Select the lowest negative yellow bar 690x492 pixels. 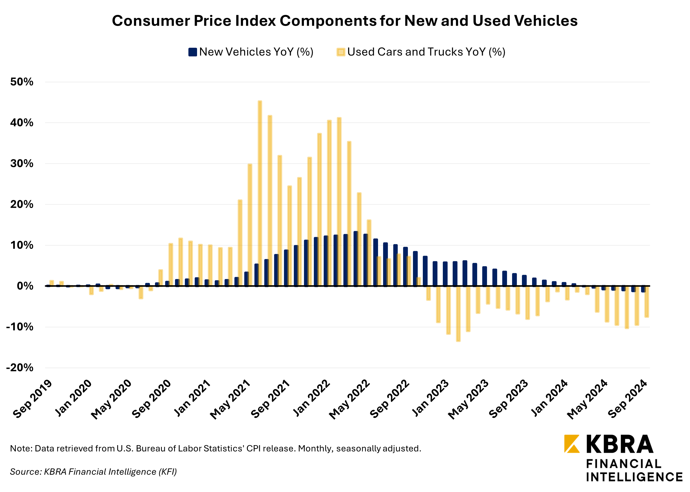[458, 314]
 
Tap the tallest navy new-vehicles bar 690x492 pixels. [356, 259]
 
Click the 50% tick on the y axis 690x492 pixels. [22, 82]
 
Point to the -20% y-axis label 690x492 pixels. [20, 368]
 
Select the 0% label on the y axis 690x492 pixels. [25, 286]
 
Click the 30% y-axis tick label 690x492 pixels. [22, 164]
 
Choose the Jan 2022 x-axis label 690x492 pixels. [311, 398]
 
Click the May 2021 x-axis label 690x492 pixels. [230, 400]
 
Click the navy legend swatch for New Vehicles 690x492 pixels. [193, 52]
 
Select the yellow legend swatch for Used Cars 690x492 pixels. [341, 52]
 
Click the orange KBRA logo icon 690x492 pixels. [572, 444]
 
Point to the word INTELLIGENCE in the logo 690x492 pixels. [634, 477]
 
